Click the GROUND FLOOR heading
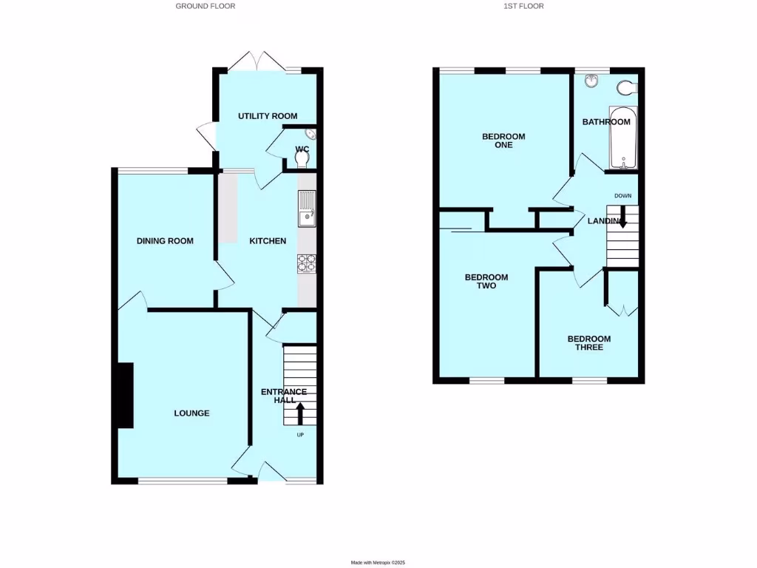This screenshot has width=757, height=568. pyautogui.click(x=206, y=6)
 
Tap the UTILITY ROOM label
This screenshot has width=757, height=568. pyautogui.click(x=268, y=116)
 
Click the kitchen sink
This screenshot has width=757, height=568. pyautogui.click(x=306, y=209)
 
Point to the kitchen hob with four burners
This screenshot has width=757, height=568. pyautogui.click(x=306, y=264)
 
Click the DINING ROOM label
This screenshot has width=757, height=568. pyautogui.click(x=165, y=241)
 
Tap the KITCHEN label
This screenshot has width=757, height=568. pyautogui.click(x=268, y=241)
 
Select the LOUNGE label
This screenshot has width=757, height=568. pyautogui.click(x=191, y=413)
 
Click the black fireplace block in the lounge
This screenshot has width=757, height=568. pyautogui.click(x=124, y=395)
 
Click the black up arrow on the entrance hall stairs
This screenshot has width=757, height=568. pyautogui.click(x=300, y=413)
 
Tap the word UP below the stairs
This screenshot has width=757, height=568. pyautogui.click(x=299, y=434)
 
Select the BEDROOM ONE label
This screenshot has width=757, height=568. pyautogui.click(x=503, y=141)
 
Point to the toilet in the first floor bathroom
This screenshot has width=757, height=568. pyautogui.click(x=627, y=88)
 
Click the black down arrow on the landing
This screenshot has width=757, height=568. pyautogui.click(x=622, y=216)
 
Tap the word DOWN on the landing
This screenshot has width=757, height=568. pyautogui.click(x=622, y=195)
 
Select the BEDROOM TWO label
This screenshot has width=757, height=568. pyautogui.click(x=486, y=282)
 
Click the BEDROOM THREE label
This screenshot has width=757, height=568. pyautogui.click(x=589, y=343)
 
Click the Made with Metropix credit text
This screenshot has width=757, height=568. pyautogui.click(x=378, y=563)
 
